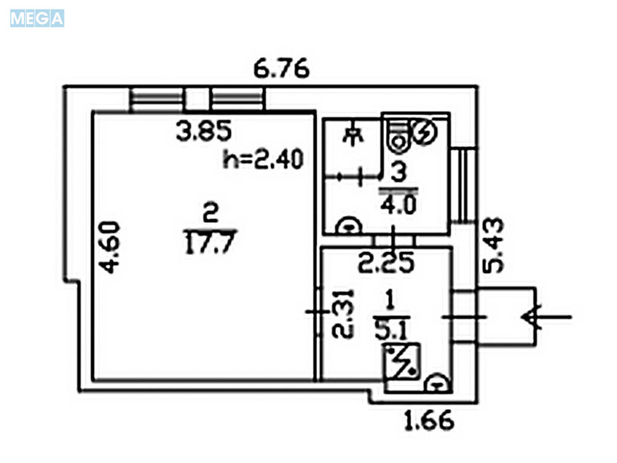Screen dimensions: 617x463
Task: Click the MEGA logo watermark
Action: (x=37, y=19)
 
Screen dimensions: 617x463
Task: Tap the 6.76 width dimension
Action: (x=282, y=68)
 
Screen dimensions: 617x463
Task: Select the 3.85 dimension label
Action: (x=204, y=130)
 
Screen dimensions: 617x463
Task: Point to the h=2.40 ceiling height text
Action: (x=263, y=159)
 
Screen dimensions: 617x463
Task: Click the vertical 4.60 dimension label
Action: (x=109, y=247)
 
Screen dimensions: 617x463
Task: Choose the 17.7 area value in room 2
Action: (x=210, y=242)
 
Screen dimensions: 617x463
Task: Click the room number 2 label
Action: (x=211, y=213)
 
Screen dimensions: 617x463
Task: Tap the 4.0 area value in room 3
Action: (x=398, y=205)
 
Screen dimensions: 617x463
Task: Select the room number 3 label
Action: (x=399, y=172)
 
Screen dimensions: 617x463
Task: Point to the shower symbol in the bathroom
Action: (x=353, y=134)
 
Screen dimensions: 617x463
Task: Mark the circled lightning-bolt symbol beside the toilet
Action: (x=424, y=133)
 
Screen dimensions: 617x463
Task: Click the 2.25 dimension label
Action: (x=386, y=263)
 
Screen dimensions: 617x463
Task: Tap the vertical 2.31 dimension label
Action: (x=343, y=314)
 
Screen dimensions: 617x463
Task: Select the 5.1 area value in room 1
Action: (x=391, y=330)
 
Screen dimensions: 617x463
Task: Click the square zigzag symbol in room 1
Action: (x=402, y=362)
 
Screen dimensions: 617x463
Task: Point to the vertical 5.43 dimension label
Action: (x=493, y=245)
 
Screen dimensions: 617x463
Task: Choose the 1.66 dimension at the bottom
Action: (x=430, y=420)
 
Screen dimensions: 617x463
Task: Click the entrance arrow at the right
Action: (x=547, y=316)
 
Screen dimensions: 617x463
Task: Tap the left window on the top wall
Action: (x=157, y=99)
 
